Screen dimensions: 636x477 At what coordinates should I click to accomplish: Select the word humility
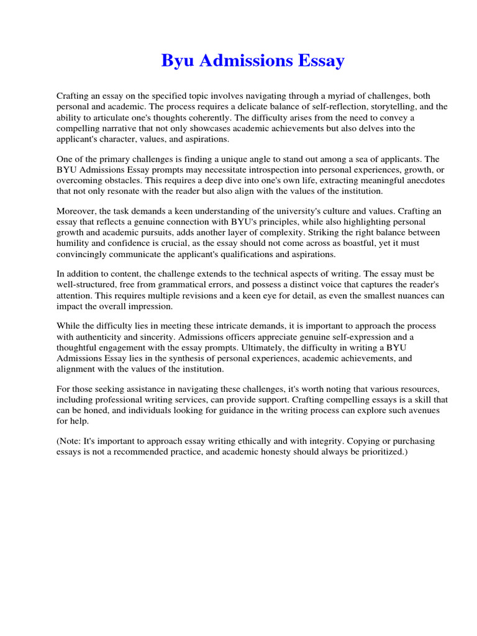tap(76, 244)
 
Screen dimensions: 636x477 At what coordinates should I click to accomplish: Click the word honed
tap(98, 411)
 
